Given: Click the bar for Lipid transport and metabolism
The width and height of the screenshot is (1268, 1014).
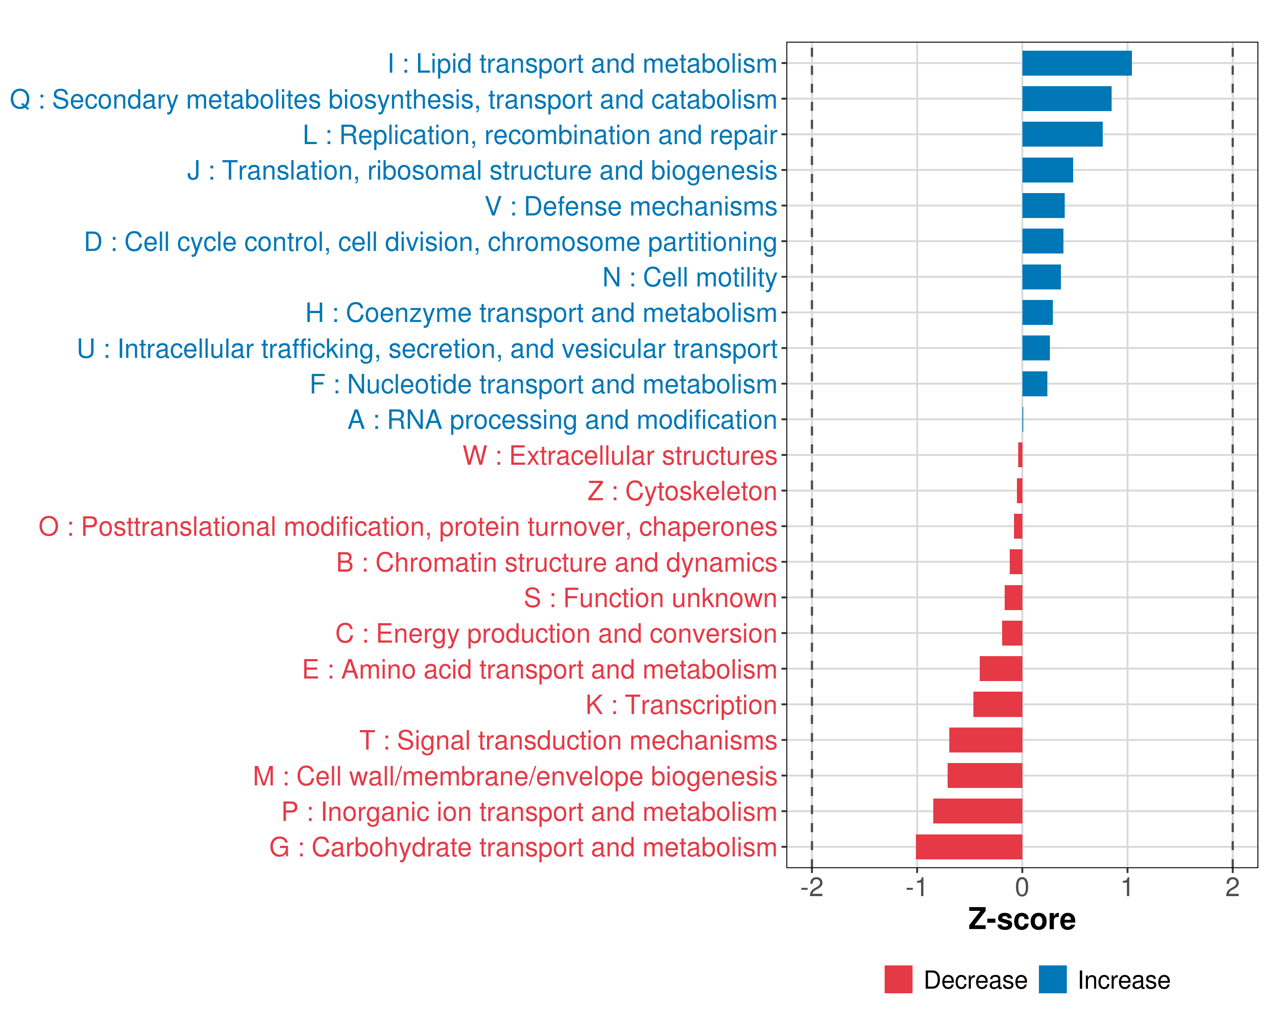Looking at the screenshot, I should click(x=1076, y=63).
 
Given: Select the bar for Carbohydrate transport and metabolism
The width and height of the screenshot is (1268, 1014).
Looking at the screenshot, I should click(x=969, y=847).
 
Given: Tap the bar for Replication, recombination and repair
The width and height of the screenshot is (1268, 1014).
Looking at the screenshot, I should click(x=1062, y=135).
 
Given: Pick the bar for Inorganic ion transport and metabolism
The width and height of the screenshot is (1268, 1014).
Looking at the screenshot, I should click(x=978, y=811).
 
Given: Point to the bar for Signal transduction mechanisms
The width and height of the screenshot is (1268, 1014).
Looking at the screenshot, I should click(x=985, y=740).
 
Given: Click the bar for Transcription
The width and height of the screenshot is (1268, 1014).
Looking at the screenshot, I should click(x=997, y=704).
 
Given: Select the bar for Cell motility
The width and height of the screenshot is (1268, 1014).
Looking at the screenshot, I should click(x=1041, y=277).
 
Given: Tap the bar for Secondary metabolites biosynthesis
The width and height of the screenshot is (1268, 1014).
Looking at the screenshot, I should click(x=1066, y=99).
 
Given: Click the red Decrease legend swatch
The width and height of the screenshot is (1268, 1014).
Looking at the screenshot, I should click(x=898, y=979).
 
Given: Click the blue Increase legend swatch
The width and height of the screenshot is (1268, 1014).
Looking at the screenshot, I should click(x=1052, y=979).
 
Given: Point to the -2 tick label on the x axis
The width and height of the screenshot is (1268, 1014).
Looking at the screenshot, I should click(x=811, y=887).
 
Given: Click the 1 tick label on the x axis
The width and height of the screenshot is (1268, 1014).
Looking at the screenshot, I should click(x=1127, y=887).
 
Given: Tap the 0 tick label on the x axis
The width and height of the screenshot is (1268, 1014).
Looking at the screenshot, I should click(x=1022, y=887).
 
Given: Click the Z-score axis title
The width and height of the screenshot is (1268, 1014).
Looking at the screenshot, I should click(x=1022, y=919).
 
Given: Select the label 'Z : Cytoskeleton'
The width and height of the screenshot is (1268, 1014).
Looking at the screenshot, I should click(x=682, y=491).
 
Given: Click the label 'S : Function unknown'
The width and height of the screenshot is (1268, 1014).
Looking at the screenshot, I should click(x=650, y=598).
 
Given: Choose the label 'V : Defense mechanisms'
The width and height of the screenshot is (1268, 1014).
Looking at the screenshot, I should click(x=631, y=206).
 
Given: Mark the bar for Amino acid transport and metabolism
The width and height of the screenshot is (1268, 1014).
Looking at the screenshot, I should click(x=1000, y=669).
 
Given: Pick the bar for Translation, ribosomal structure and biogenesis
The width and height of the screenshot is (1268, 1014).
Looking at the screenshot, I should click(x=1047, y=170).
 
